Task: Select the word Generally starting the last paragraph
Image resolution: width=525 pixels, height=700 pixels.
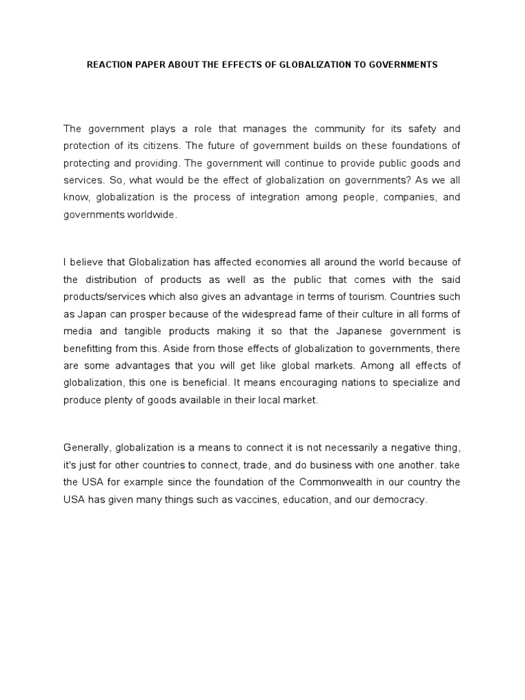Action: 87,447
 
